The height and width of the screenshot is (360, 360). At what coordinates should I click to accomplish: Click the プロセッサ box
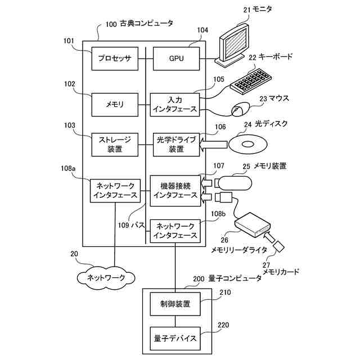115,58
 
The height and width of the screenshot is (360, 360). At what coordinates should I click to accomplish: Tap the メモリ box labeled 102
115,104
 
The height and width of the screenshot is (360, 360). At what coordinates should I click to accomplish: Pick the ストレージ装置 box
115,145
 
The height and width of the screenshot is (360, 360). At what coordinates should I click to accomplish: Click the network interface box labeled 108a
115,190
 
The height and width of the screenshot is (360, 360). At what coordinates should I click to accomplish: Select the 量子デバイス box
175,339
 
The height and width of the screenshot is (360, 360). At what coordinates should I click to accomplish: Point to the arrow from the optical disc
214,145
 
